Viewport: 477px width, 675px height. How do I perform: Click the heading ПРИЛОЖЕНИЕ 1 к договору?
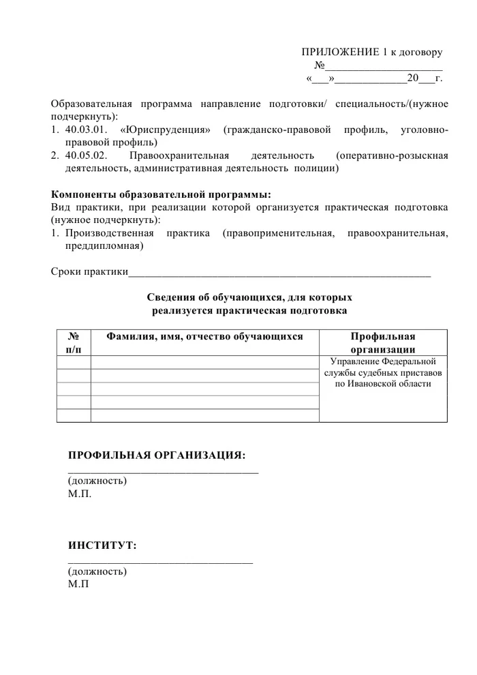pos(372,52)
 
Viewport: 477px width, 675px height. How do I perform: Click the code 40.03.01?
pos(87,130)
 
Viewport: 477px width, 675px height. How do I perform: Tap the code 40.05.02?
pos(87,155)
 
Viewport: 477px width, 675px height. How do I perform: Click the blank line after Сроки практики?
pos(279,274)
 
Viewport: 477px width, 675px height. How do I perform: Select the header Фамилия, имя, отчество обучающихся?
pos(204,336)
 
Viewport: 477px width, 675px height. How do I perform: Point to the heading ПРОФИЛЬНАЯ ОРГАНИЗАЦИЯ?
pos(157,455)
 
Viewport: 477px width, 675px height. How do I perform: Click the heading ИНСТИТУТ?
pos(102,545)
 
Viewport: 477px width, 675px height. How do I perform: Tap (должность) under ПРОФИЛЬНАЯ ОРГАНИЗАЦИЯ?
pos(97,481)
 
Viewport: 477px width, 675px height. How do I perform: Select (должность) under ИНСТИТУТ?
pos(97,571)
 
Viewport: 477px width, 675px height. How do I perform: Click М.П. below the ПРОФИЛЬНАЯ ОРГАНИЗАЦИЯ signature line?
pos(80,494)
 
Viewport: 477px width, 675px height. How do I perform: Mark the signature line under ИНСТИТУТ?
pos(160,562)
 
